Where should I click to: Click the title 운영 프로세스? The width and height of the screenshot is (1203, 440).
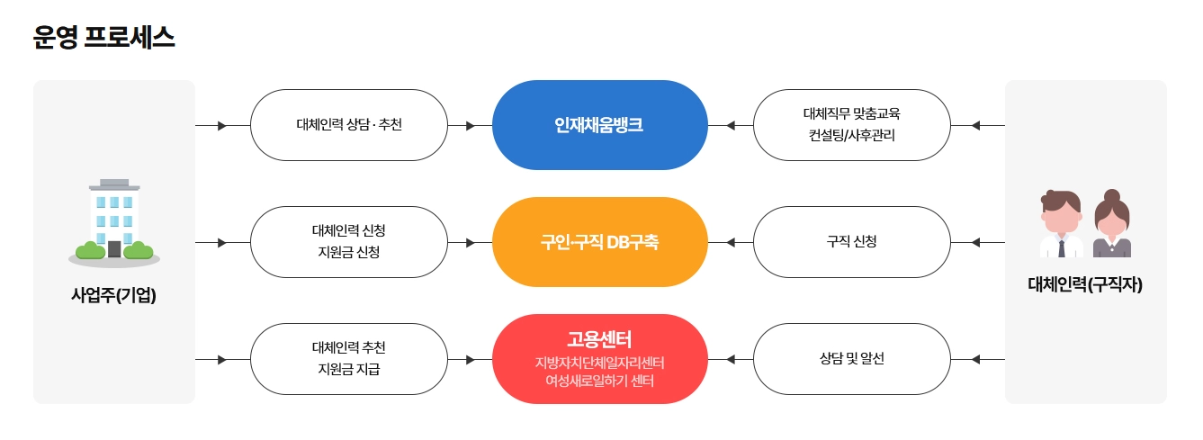click(103, 38)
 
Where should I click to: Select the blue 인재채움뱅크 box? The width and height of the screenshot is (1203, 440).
click(599, 125)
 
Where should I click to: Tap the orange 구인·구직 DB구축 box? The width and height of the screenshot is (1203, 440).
click(599, 242)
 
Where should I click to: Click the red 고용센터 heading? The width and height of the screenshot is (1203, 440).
click(599, 339)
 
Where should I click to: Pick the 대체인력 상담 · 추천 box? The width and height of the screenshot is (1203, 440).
click(348, 125)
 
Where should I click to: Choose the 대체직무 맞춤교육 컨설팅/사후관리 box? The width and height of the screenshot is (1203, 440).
click(851, 125)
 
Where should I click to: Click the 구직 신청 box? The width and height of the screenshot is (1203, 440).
click(851, 242)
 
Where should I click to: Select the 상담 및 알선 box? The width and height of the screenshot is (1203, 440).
click(851, 359)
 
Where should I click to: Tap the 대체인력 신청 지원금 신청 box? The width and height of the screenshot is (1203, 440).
click(348, 242)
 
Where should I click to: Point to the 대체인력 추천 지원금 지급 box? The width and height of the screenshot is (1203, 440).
click(348, 359)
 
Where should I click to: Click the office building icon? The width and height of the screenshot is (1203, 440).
click(114, 221)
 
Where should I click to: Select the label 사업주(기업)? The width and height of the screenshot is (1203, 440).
click(114, 294)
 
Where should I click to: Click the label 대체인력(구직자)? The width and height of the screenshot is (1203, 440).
click(1084, 285)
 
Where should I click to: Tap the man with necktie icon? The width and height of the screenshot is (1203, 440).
click(1061, 225)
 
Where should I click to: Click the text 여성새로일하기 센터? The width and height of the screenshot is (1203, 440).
click(599, 381)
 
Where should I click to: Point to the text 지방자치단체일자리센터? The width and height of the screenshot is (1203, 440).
click(599, 363)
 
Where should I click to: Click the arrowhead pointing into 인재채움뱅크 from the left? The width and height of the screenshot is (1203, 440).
click(470, 125)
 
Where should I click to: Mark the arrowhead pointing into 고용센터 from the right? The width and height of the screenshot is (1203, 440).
click(732, 359)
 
